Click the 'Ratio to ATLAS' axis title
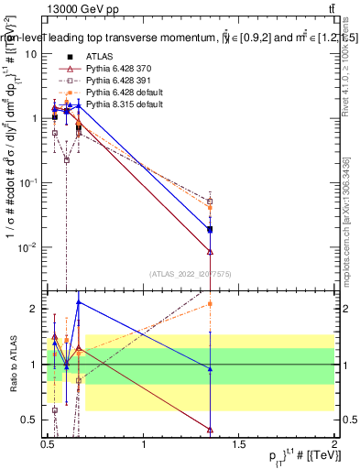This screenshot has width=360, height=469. tap(16, 364)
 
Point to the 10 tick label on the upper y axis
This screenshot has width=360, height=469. tap(31, 54)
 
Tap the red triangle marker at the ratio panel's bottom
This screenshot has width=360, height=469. tap(211, 429)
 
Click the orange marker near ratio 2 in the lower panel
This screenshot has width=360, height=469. tap(211, 303)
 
